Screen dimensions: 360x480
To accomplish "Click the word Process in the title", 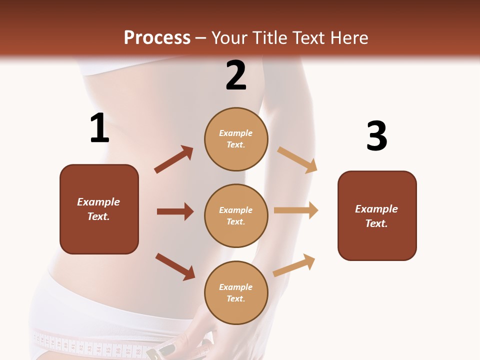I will (157, 38).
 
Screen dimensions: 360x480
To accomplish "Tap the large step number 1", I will (99, 128).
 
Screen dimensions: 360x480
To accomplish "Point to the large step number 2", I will (235, 75).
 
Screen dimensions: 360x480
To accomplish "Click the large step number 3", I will (376, 136).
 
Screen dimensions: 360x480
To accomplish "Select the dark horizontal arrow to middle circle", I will (175, 211).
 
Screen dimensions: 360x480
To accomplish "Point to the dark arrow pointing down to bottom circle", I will (175, 266).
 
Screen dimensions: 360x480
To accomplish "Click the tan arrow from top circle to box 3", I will (297, 159).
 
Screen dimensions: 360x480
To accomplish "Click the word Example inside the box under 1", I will (98, 202).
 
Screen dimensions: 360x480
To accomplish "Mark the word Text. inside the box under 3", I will (376, 223).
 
